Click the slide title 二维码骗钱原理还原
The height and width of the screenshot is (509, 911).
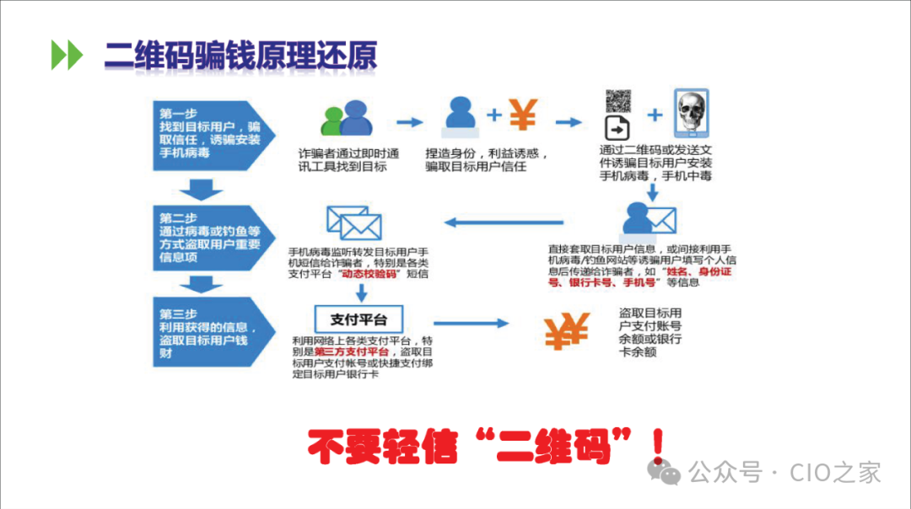click(240, 55)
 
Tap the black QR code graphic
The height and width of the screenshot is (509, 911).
click(618, 100)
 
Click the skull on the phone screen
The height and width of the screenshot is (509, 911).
click(692, 113)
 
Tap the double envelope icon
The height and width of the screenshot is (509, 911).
click(353, 222)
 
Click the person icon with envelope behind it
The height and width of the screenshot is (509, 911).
click(649, 221)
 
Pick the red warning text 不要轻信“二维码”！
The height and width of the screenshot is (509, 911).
click(483, 446)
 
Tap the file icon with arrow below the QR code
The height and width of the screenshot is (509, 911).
click(617, 129)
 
